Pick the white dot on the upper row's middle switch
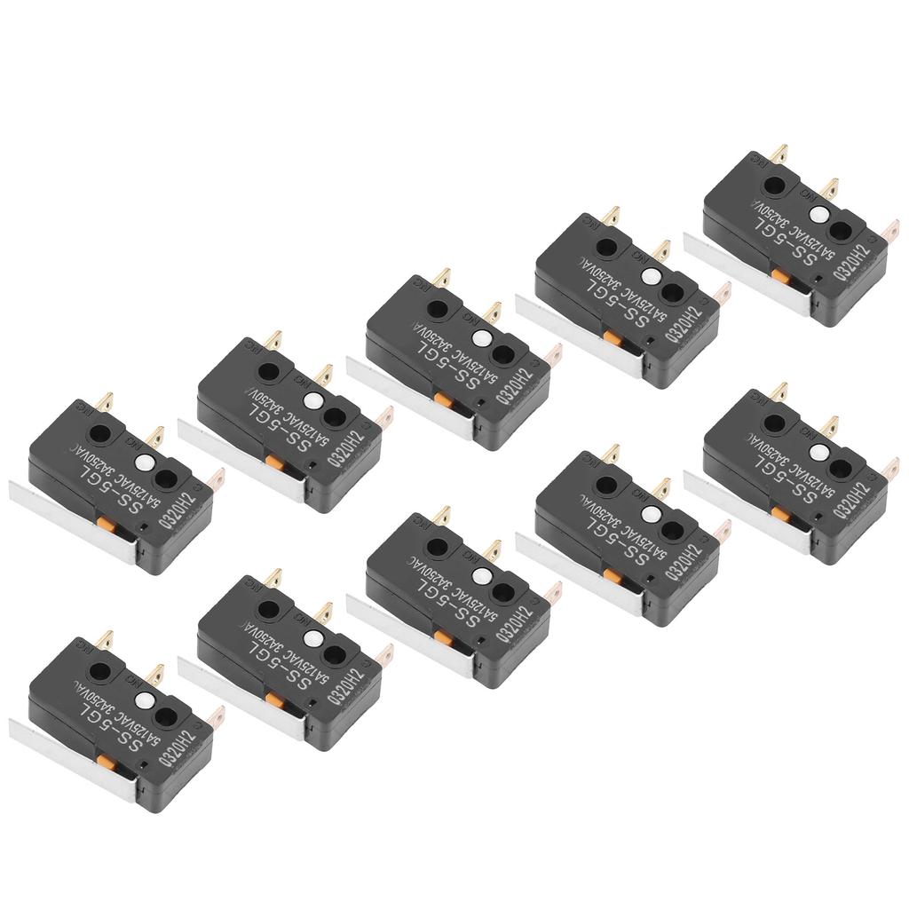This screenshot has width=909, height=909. pyautogui.click(x=482, y=338)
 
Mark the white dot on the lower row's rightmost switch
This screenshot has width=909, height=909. pyautogui.click(x=819, y=454)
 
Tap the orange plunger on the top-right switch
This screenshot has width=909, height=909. pyautogui.click(x=780, y=275)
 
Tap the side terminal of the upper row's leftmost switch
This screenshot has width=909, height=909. pyautogui.click(x=215, y=479)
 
